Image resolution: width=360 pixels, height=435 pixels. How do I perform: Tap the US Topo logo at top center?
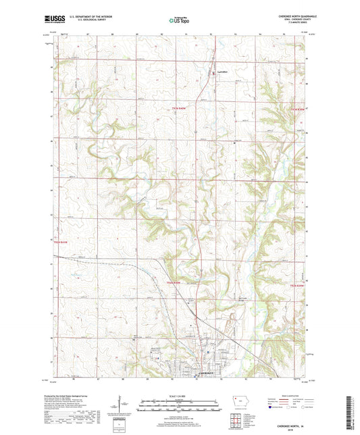pyautogui.click(x=179, y=21)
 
